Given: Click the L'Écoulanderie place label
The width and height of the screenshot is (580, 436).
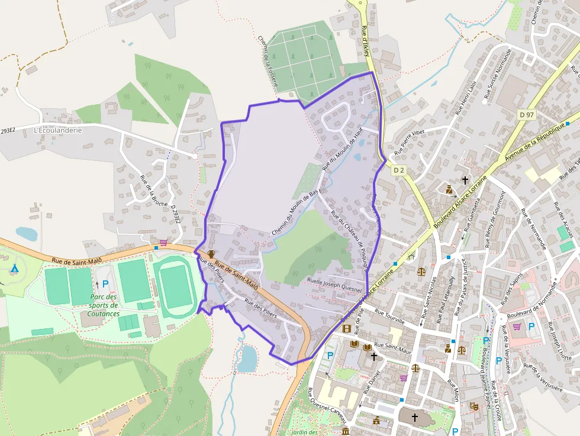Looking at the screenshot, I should click(x=58, y=130).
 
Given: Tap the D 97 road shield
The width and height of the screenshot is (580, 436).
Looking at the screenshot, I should click(x=526, y=114).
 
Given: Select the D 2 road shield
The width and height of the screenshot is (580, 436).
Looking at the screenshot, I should click(x=399, y=170).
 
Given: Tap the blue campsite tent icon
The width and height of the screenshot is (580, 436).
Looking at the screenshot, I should click(x=15, y=269).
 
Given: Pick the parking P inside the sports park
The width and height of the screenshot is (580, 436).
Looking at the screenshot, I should click(x=105, y=284).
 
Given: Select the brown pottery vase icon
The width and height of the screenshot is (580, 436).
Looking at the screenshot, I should click(x=211, y=255).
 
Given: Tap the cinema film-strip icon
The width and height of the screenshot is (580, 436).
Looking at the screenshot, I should click(x=346, y=328).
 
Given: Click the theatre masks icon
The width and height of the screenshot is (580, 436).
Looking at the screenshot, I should click(x=473, y=406).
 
